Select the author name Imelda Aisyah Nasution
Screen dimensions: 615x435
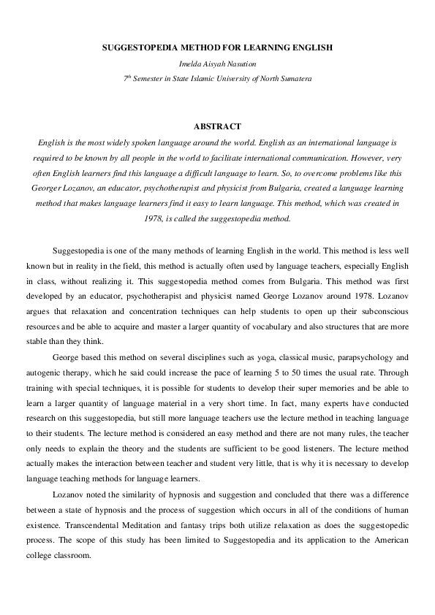(217, 64)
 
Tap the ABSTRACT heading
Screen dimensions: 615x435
(217, 126)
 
